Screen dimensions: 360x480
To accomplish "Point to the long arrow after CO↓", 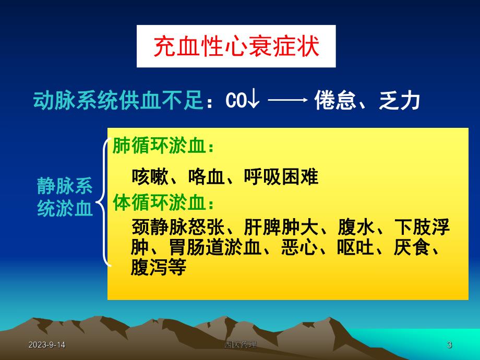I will (x=287, y=101).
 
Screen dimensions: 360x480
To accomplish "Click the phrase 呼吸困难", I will (x=281, y=177).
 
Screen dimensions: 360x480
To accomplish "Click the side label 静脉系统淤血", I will (x=65, y=197).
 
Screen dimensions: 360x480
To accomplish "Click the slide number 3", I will (x=449, y=345).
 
